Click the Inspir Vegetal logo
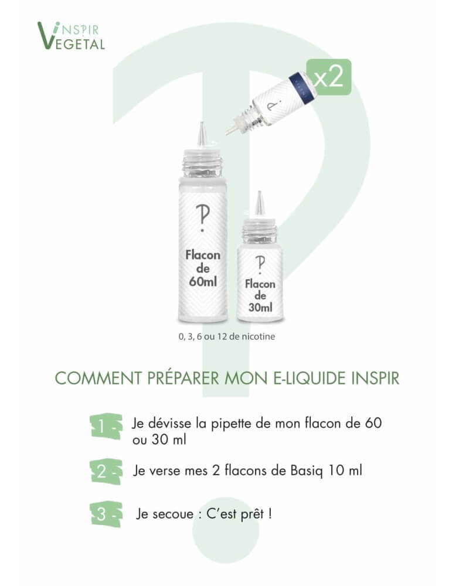pyautogui.click(x=71, y=36)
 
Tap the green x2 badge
pyautogui.click(x=329, y=77)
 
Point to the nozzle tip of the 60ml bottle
pyautogui.click(x=202, y=123)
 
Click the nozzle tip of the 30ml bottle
pyautogui.click(x=260, y=192)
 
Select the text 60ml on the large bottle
pyautogui.click(x=203, y=281)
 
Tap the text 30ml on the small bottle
pyautogui.click(x=260, y=308)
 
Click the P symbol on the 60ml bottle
pyautogui.click(x=203, y=218)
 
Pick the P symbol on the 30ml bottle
pyautogui.click(x=260, y=265)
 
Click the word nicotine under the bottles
pyautogui.click(x=259, y=336)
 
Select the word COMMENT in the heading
pyautogui.click(x=98, y=378)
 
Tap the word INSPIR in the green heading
pyautogui.click(x=375, y=378)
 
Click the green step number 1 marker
pyautogui.click(x=106, y=426)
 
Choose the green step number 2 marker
pyautogui.click(x=106, y=472)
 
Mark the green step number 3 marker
pyautogui.click(x=106, y=515)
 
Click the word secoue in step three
pyautogui.click(x=173, y=515)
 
